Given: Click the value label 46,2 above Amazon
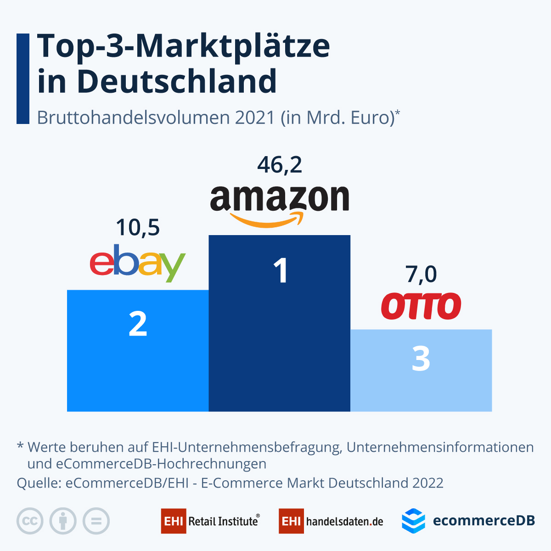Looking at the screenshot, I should coord(280,165).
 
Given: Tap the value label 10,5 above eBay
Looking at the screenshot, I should coord(138,227).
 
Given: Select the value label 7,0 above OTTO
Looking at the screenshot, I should coord(421,274).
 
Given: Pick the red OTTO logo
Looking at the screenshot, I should coord(421,306).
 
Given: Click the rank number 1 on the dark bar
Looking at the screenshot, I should coord(280,270).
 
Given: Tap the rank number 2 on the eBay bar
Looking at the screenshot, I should coord(138,324).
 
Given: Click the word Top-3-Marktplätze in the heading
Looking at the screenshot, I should coord(184,46).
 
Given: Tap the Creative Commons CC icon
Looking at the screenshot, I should coord(30,521).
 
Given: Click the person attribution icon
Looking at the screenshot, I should coord(63,521).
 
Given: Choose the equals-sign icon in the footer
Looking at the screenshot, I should coord(96,521).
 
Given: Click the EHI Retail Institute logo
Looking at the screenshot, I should coord(210,521).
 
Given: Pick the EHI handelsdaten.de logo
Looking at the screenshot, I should coord(331,521).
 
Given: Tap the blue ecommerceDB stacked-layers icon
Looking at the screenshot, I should coord(413,521).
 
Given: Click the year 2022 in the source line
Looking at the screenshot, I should coord(428,483).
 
